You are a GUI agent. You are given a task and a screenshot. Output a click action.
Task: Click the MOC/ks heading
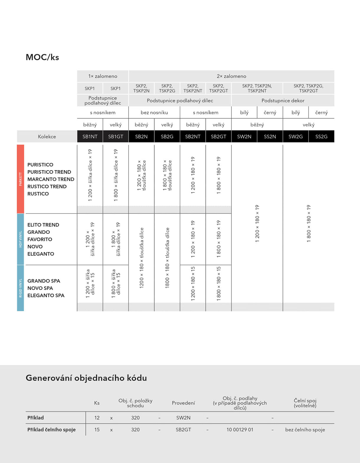(42, 57)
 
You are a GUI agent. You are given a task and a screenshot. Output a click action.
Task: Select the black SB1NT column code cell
(90, 136)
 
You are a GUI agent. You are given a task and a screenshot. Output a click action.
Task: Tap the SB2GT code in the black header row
(218, 136)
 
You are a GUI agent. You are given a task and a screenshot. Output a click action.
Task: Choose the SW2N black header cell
(244, 136)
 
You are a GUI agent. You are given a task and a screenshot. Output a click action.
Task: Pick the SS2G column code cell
(321, 136)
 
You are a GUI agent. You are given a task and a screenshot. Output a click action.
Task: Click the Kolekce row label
(47, 136)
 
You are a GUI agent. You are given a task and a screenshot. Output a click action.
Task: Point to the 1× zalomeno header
(103, 76)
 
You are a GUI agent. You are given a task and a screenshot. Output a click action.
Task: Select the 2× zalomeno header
(231, 76)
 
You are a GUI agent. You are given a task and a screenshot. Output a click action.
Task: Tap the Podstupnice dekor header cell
(283, 101)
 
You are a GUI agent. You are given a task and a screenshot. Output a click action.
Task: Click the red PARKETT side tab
(20, 179)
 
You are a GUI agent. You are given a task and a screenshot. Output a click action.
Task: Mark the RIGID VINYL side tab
(20, 288)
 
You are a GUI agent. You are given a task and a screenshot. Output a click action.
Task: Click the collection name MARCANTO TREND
(51, 179)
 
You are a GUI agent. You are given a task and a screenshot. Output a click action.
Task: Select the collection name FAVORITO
(40, 239)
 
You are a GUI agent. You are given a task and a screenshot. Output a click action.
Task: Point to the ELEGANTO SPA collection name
(46, 295)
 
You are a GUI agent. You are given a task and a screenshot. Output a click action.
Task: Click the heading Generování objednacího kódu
(86, 378)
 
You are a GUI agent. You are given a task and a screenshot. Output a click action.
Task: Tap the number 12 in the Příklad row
(97, 418)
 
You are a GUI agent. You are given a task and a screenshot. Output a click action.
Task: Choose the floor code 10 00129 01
(240, 430)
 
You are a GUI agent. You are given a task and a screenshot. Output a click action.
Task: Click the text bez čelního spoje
(305, 430)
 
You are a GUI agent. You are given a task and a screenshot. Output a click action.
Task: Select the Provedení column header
(183, 403)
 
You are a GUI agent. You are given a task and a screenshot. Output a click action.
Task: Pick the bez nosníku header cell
(154, 113)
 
